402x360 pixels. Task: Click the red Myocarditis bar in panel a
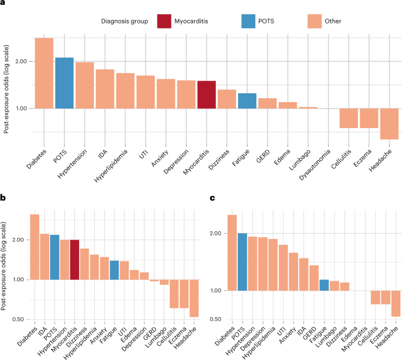coord(207,95)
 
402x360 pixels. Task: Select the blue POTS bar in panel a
coord(64,83)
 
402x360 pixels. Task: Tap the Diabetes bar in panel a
coord(44,73)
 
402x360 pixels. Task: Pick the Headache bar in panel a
coord(390,123)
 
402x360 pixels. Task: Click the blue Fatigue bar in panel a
coord(247,101)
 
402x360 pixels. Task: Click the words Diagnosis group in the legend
coord(124,21)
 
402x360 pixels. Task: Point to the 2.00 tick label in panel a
coord(22,62)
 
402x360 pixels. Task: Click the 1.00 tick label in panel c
coord(215,291)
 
